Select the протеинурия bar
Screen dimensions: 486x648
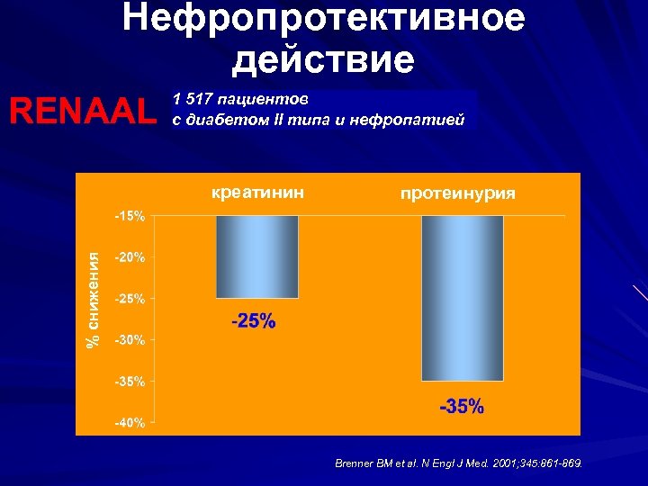[x=463, y=298]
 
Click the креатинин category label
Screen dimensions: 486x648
[x=257, y=192]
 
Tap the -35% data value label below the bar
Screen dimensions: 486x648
[x=461, y=407]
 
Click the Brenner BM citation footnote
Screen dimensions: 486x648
[x=458, y=463]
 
